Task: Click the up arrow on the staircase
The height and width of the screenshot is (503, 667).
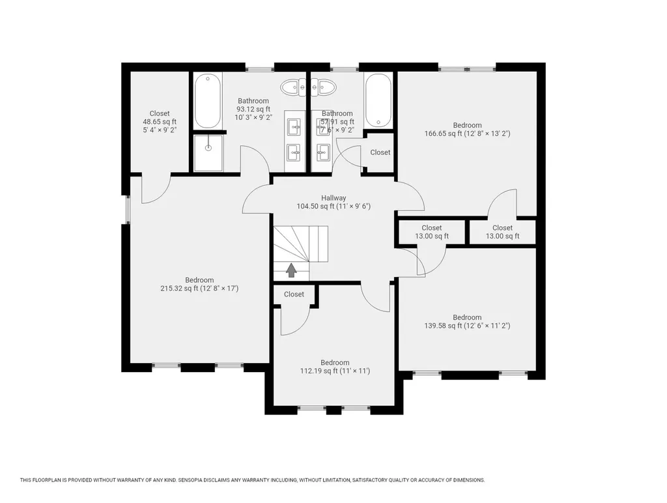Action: [291, 269]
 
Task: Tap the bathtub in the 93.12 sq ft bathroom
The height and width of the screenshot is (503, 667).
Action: [207, 101]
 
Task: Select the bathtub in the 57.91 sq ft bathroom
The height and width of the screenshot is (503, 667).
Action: [378, 101]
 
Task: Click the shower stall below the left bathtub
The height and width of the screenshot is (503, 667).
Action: [208, 153]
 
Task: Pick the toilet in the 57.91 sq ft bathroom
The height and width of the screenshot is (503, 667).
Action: [323, 87]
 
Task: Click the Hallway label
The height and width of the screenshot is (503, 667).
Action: [333, 198]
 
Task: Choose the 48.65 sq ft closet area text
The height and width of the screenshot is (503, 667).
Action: [160, 122]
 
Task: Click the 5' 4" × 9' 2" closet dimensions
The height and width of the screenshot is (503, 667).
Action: [160, 130]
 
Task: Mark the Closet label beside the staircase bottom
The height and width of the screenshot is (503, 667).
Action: [294, 295]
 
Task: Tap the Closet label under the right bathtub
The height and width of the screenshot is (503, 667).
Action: [380, 152]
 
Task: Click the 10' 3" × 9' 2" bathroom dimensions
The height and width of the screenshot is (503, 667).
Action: [253, 118]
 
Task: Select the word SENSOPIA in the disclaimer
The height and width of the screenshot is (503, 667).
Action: [197, 480]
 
